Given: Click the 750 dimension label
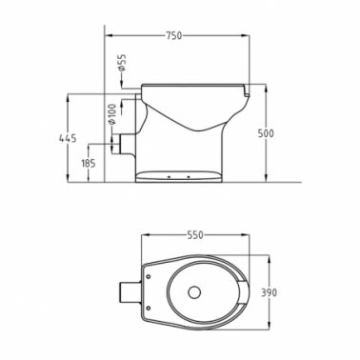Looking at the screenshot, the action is (x=174, y=35).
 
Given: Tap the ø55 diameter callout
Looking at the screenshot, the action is (x=122, y=63).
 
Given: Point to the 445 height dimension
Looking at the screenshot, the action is (x=68, y=138).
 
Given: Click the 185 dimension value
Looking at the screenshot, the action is (x=89, y=164).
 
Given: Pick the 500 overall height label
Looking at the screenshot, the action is (x=266, y=133).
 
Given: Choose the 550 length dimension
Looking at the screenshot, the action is (x=194, y=235).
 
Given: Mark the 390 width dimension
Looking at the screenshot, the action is (x=269, y=292).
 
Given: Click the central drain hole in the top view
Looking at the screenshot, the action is (x=194, y=292).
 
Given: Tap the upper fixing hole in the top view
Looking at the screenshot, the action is (x=149, y=276).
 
